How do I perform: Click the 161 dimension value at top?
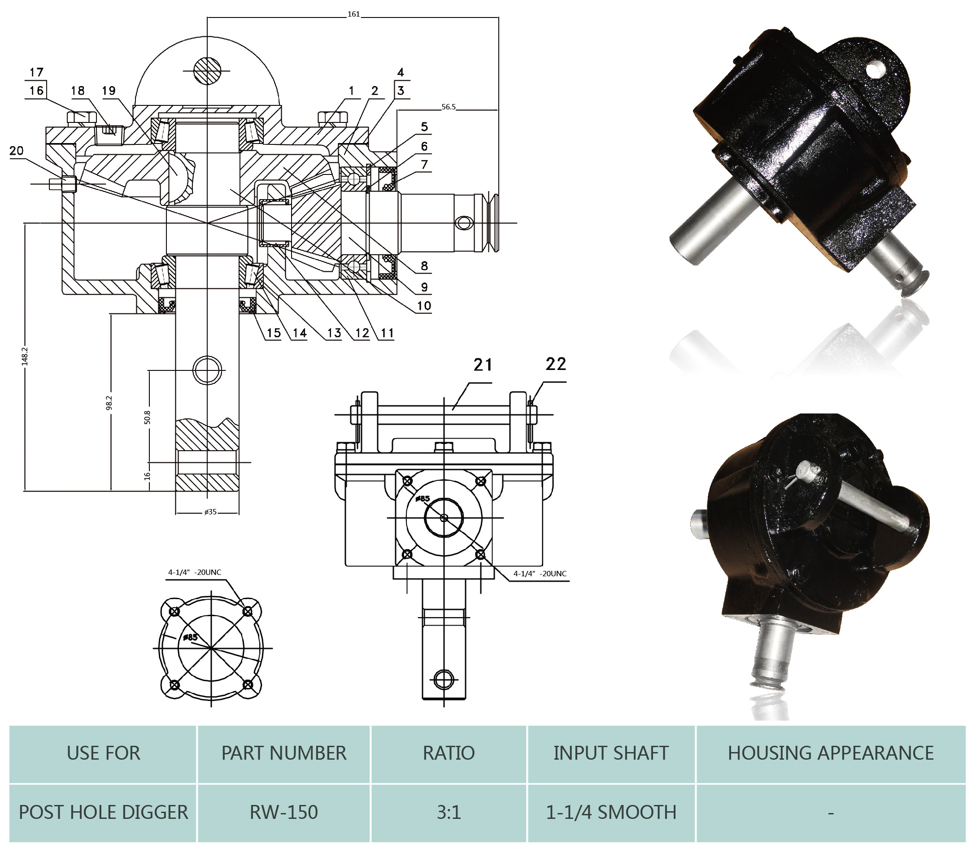(353, 14)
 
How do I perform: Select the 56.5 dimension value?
(449, 107)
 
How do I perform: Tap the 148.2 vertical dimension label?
(25, 356)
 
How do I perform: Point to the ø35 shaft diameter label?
(210, 512)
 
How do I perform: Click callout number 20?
(16, 151)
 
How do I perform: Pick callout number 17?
(36, 73)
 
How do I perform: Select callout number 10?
(424, 305)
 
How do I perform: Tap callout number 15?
(274, 333)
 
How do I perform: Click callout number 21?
(483, 365)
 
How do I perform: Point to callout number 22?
(556, 364)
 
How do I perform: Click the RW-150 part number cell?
(283, 812)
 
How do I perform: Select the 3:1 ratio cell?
(449, 812)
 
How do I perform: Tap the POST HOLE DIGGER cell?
(103, 812)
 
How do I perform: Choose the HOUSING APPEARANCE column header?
(830, 753)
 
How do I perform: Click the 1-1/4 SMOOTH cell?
(611, 812)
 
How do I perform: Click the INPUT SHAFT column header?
(611, 753)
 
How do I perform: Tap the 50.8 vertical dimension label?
(148, 417)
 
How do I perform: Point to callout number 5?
(424, 127)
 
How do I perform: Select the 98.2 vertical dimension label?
(109, 402)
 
